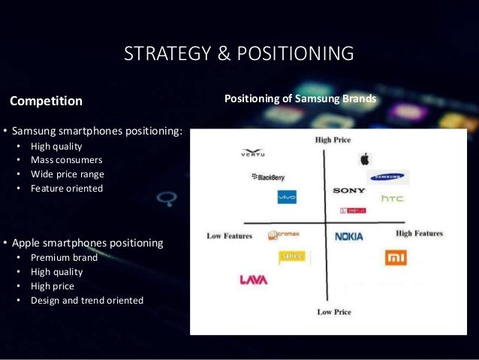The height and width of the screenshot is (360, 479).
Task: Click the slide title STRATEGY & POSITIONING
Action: coord(239,54)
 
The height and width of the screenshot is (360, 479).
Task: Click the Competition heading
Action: coord(45,100)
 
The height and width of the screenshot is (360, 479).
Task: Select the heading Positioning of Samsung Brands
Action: coord(301,98)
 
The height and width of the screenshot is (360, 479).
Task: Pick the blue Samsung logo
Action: coord(387,178)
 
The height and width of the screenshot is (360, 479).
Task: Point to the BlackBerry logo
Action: coord(268,177)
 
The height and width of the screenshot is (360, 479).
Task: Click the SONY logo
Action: coord(349,191)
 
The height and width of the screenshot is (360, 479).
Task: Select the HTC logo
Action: coord(393,198)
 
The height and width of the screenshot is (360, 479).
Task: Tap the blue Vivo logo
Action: coord(287,197)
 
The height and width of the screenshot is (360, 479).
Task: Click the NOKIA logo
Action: coord(348,236)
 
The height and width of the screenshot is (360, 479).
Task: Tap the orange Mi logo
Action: coord(395,258)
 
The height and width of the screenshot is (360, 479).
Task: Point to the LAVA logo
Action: coord(253,280)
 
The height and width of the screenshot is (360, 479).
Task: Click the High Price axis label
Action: coord(333,140)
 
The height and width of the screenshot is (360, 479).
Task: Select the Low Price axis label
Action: coord(334,311)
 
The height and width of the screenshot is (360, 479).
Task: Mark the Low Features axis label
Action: coord(230,236)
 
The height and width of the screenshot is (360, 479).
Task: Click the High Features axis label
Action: coord(419,233)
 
